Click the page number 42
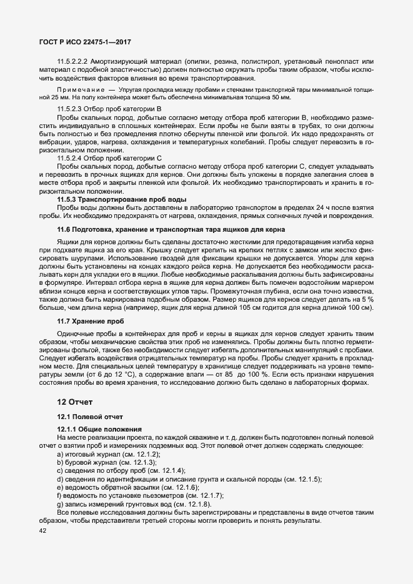43,513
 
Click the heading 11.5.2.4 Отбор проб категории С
109,158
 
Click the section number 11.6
64,230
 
